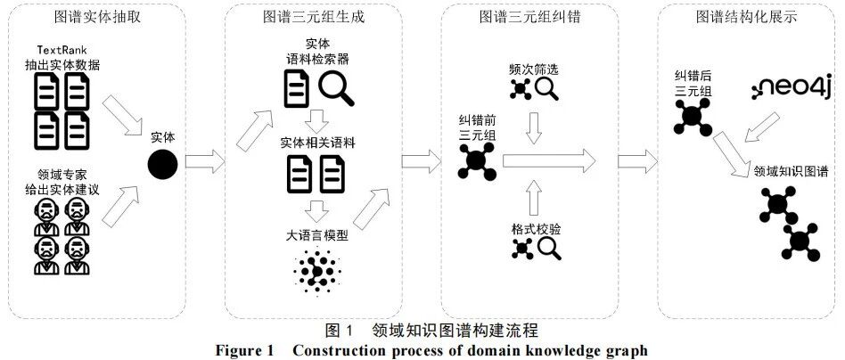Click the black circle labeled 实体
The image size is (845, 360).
(x=163, y=163)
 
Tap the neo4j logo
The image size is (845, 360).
(x=791, y=87)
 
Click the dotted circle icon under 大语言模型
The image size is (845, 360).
(x=316, y=268)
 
